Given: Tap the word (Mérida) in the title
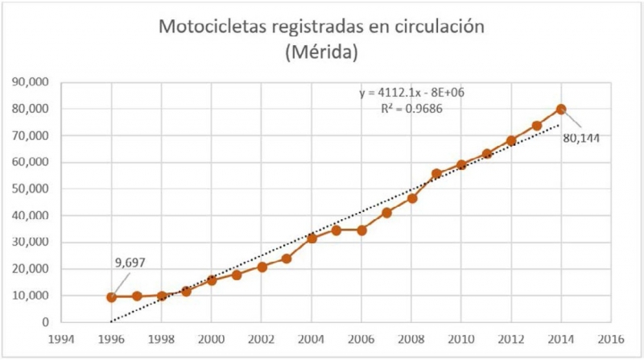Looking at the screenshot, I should tap(322, 53).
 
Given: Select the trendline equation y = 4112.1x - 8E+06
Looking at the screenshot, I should tap(411, 93).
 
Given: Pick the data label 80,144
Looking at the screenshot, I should tap(581, 138).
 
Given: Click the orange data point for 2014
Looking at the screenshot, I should tap(561, 110).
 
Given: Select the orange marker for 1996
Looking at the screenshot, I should tap(112, 297).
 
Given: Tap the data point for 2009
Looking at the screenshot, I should tap(436, 174).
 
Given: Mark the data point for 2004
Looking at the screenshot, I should tap(312, 238).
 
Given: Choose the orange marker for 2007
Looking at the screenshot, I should tap(386, 213).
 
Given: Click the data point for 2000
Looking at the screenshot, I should tap(212, 280).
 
